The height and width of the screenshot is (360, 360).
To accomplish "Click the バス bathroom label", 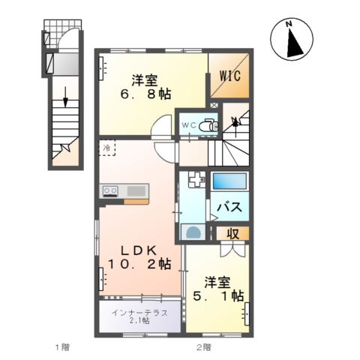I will (x=229, y=206).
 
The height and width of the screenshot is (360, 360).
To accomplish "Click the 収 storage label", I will (x=233, y=234).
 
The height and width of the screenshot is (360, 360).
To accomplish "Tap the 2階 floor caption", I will (x=204, y=347).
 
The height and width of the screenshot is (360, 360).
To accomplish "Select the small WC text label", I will (x=187, y=126).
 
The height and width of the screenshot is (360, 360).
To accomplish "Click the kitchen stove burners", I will (x=110, y=191).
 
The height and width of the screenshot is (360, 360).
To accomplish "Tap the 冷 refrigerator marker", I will (x=108, y=148).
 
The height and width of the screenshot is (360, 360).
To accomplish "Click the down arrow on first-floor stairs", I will (x=67, y=98).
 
